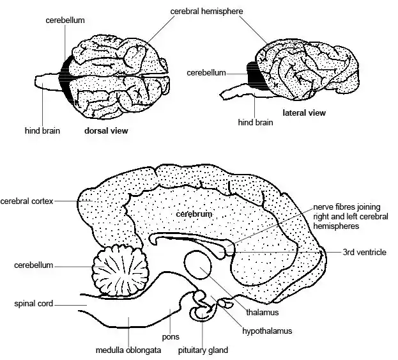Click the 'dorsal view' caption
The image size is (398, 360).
tap(106, 130)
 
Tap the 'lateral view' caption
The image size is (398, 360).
tap(304, 113)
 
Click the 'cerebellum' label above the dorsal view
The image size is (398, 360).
tap(66, 20)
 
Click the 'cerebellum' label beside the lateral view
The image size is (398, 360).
tap(206, 73)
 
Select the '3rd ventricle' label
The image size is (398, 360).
tap(365, 252)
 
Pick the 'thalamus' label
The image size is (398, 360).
tap(263, 312)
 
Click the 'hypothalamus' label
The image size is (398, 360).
tap(267, 331)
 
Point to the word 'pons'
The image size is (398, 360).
tap(171, 336)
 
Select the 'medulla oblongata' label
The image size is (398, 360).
tap(128, 350)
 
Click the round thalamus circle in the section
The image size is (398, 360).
tap(199, 264)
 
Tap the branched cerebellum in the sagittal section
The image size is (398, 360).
tap(121, 271)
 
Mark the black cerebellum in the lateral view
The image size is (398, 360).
tap(257, 75)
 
